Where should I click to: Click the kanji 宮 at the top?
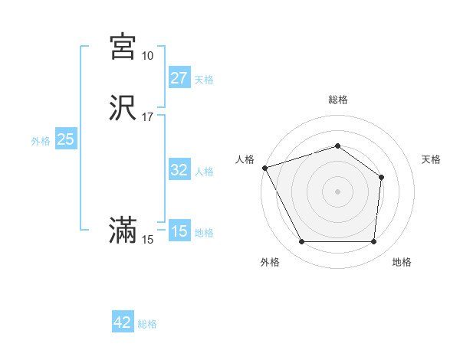[x=123, y=47]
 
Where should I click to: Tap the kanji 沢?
[x=123, y=108]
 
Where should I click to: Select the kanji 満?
[x=123, y=231]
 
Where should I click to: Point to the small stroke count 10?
[x=147, y=56]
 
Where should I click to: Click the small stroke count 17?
[x=147, y=117]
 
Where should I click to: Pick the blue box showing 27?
[x=179, y=78]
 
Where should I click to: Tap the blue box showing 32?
[x=179, y=170]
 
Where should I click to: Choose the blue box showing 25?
[x=65, y=139]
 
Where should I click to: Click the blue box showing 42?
[x=123, y=322]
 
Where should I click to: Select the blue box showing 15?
[x=179, y=231]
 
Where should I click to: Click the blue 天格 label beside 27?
[x=204, y=80]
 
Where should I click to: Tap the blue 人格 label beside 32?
[x=204, y=172]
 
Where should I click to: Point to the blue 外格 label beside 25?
[x=41, y=141]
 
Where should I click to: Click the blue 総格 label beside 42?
[x=147, y=324]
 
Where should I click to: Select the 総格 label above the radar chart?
[x=338, y=100]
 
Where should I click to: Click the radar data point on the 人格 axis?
[x=264, y=168]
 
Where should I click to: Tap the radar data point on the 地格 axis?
[x=373, y=242]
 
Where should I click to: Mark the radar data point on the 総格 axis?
[x=338, y=146]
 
